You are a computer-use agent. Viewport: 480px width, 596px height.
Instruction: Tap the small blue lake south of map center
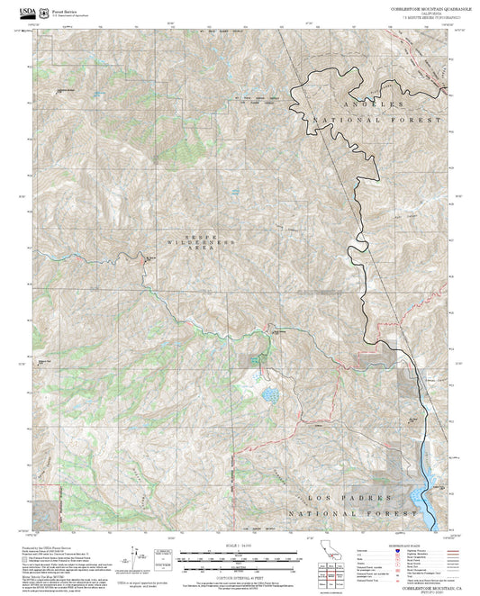267,394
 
